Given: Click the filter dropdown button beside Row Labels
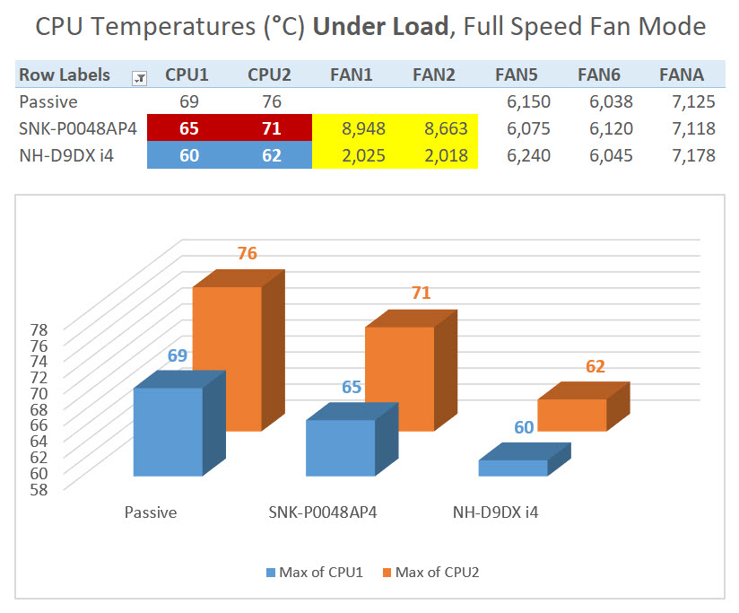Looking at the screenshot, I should pos(139,77).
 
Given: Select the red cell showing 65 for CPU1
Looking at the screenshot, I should pos(190,128).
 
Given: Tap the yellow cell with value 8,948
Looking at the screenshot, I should pos(363,128).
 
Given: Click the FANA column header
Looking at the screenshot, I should pos(682,74).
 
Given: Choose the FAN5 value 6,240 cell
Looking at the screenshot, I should pos(528,155).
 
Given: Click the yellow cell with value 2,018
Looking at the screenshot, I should pos(444,155).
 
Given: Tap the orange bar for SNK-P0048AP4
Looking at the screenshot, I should pos(399,377).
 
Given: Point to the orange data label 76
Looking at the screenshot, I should pos(248,254).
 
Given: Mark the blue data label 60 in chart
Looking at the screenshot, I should pos(525,428).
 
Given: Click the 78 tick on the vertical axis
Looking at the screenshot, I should pos(39,329).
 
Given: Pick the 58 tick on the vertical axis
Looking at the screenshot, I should pos(39,489).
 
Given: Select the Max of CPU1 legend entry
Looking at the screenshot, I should pos(314,572).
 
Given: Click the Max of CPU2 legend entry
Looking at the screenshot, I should pos(430,572).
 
